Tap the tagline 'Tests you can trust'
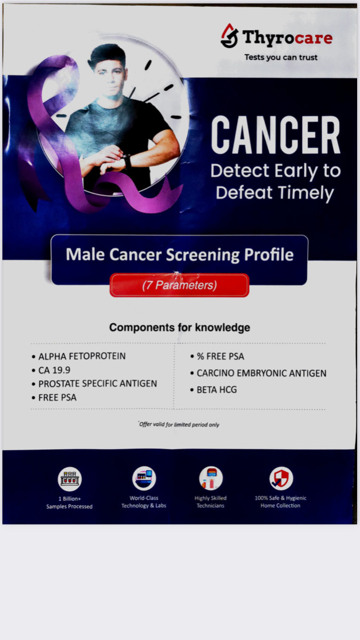pyautogui.click(x=281, y=58)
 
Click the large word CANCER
pyautogui.click(x=276, y=135)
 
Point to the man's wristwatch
pyautogui.click(x=126, y=162)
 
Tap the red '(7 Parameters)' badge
pyautogui.click(x=180, y=285)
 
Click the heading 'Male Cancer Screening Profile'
pyautogui.click(x=180, y=254)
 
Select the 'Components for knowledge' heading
pyautogui.click(x=180, y=327)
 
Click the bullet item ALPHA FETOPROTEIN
pyautogui.click(x=79, y=356)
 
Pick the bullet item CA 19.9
pyautogui.click(x=51, y=370)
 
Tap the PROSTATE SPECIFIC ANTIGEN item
pyautogui.click(x=95, y=384)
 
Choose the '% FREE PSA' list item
pyautogui.click(x=217, y=356)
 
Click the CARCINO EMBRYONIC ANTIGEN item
pyautogui.click(x=258, y=373)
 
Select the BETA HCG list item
pyautogui.click(x=213, y=390)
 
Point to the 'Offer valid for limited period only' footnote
pyautogui.click(x=179, y=425)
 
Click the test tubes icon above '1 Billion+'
pyautogui.click(x=70, y=479)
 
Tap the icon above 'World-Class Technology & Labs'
pyautogui.click(x=144, y=478)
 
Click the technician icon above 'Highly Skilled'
pyautogui.click(x=211, y=478)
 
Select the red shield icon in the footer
pyautogui.click(x=281, y=478)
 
